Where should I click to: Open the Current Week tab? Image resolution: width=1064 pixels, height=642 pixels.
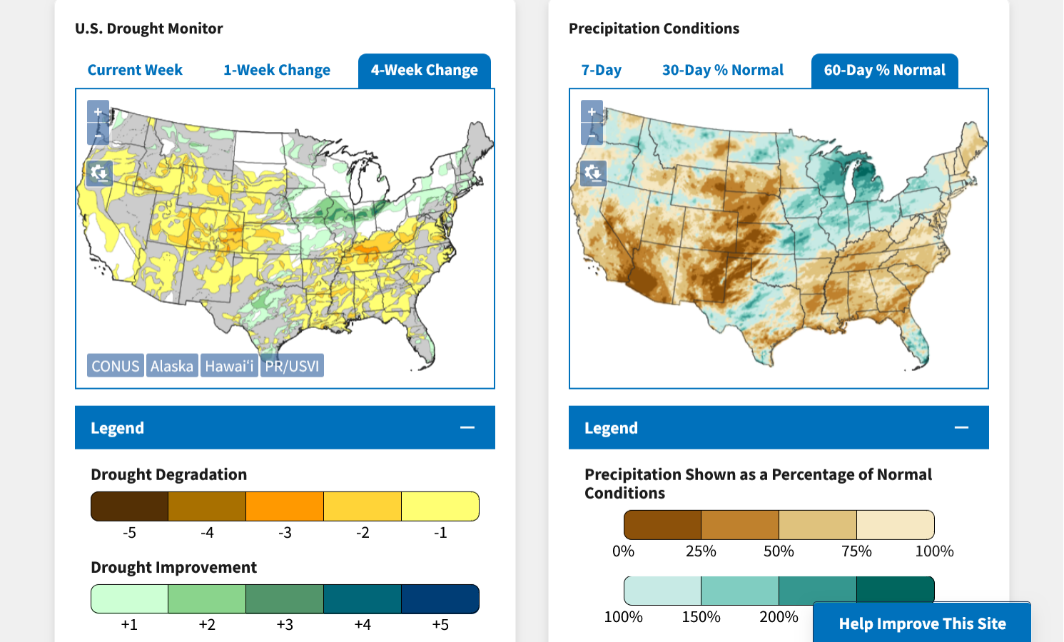click(135, 70)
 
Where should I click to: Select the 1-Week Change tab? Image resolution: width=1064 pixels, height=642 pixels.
click(277, 70)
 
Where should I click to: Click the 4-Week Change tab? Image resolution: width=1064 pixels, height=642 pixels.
click(425, 70)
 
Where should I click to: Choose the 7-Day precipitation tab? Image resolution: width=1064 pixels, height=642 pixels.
click(601, 70)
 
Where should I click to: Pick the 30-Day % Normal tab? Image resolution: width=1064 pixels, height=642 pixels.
click(722, 70)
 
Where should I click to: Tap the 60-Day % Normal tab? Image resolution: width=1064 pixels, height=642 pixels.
click(884, 70)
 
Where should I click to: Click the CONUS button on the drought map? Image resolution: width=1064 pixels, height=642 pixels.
click(116, 366)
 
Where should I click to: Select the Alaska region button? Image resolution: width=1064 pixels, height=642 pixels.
click(172, 366)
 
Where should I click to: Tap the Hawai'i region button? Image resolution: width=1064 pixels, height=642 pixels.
click(229, 366)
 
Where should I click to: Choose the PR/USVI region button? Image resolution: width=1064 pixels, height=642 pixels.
click(292, 366)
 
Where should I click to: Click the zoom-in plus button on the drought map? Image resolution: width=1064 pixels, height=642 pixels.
click(98, 112)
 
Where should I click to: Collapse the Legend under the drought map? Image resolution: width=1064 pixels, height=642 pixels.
click(467, 427)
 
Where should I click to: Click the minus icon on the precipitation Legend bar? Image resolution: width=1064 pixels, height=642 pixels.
click(961, 427)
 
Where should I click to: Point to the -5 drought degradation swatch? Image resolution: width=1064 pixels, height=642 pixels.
click(129, 506)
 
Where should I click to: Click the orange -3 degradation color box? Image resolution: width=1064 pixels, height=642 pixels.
click(285, 506)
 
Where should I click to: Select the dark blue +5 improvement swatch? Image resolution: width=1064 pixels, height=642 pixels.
click(440, 599)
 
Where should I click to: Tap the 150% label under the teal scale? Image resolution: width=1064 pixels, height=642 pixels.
click(701, 617)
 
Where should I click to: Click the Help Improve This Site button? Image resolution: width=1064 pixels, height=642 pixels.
click(922, 623)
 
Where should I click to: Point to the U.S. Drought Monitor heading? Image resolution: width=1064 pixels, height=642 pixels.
click(149, 29)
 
